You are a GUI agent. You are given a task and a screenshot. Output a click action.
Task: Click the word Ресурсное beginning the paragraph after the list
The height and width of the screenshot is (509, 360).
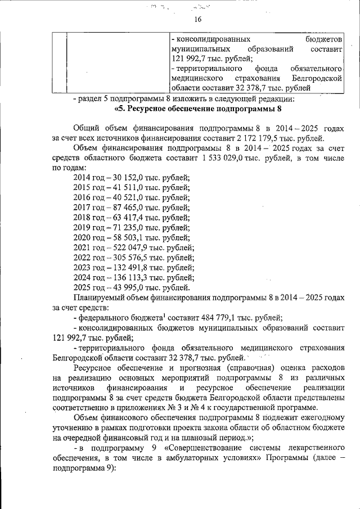coord(93,368)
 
